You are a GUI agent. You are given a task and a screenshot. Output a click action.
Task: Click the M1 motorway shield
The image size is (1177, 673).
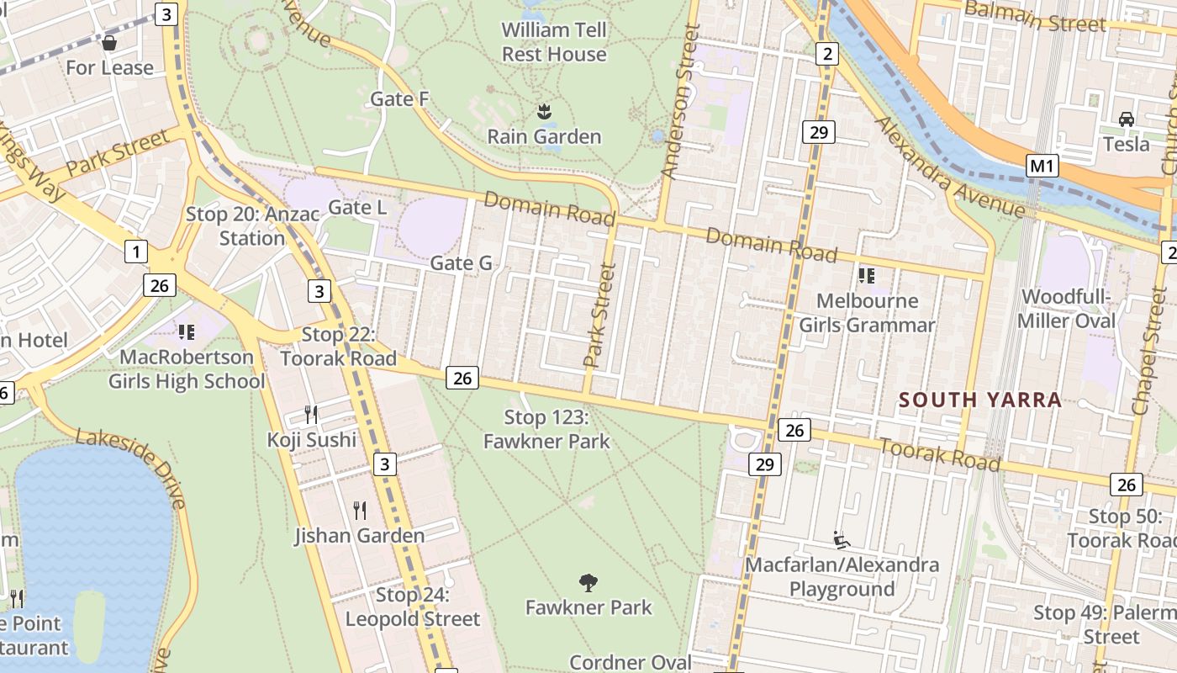(x=1042, y=166)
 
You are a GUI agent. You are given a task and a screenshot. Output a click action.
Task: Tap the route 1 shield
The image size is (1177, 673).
(x=135, y=250)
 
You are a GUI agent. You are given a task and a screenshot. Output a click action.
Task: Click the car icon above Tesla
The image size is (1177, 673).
(x=1127, y=119)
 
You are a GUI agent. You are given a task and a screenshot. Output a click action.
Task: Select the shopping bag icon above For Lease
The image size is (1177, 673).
(x=109, y=42)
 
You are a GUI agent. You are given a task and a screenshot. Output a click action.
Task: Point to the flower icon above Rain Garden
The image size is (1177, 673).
(x=544, y=110)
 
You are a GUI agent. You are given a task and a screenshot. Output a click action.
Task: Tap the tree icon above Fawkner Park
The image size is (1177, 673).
(x=588, y=581)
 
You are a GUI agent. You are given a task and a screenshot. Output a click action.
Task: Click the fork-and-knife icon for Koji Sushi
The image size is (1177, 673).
(x=311, y=413)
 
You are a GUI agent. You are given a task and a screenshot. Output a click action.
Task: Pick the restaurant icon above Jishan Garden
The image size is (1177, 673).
(x=360, y=510)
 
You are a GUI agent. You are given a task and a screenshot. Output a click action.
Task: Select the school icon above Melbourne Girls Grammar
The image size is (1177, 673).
(x=867, y=275)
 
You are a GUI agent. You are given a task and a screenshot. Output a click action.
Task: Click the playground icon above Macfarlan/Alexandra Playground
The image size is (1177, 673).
(x=840, y=538)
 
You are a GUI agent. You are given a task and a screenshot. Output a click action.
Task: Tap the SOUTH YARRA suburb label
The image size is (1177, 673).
(x=980, y=400)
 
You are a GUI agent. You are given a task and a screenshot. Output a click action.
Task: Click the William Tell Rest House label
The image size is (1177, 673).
(x=554, y=42)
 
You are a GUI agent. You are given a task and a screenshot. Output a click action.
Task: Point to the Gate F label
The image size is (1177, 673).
(x=400, y=99)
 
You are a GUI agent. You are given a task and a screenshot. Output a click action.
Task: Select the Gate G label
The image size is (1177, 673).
(x=461, y=263)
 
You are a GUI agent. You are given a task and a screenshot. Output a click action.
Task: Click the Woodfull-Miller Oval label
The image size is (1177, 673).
(x=1066, y=309)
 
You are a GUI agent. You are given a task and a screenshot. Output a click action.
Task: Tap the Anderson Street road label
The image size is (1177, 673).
(x=680, y=101)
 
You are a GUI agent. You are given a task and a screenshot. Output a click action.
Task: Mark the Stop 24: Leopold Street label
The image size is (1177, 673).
(x=412, y=607)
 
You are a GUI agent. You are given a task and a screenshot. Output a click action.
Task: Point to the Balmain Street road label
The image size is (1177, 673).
(x=1035, y=17)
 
